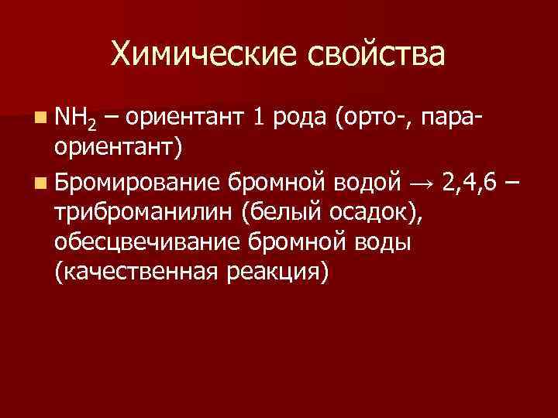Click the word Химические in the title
[x=201, y=54]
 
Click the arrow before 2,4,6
[x=423, y=182]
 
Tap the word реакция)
[x=275, y=272]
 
